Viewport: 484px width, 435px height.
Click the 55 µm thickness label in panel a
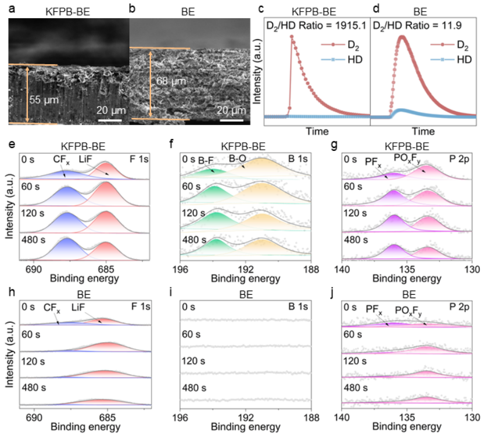pyautogui.click(x=44, y=100)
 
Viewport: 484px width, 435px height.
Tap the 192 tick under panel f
pyautogui.click(x=245, y=269)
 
